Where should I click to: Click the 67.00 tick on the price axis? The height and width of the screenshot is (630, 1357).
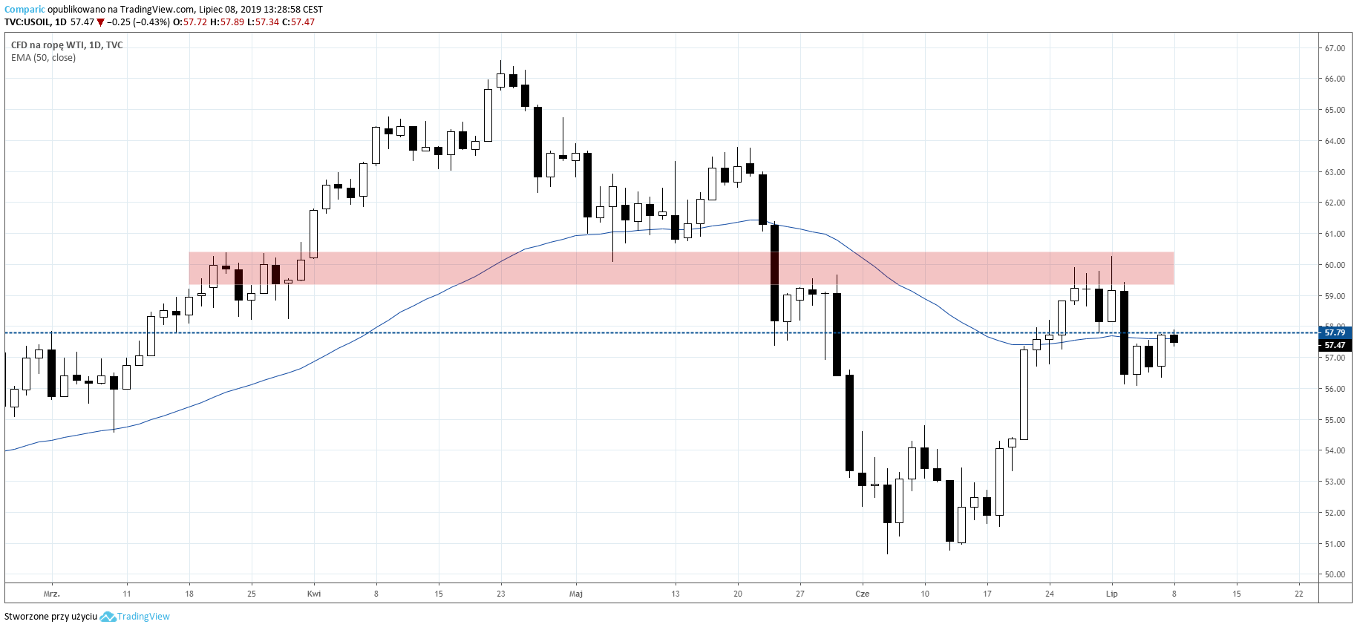[1335, 48]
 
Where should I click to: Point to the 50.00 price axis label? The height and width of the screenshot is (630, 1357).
[1335, 574]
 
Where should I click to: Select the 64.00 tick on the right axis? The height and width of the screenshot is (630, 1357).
[1335, 141]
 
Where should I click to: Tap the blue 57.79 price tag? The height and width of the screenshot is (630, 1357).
[1335, 332]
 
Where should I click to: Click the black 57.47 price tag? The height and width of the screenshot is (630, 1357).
[1335, 345]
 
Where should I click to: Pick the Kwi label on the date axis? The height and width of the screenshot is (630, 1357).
[314, 594]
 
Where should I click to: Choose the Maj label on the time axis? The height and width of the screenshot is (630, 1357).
[575, 594]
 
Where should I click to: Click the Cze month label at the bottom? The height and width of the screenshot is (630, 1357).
[862, 594]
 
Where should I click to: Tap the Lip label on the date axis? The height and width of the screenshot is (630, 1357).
[1111, 594]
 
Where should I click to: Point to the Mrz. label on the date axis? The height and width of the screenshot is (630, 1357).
[51, 594]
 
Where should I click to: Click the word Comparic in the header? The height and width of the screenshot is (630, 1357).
[24, 10]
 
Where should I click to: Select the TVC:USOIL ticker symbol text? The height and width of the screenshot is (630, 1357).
[27, 22]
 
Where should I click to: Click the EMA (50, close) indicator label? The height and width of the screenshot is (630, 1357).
[43, 58]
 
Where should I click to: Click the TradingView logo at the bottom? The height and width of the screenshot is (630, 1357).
[135, 617]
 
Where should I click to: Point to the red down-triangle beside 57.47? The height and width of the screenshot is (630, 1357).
[100, 22]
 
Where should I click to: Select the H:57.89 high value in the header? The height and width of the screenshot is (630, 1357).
[227, 22]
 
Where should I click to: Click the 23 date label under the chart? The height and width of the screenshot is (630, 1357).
[501, 594]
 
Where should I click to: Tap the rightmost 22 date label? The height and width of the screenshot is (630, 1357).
[1298, 594]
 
